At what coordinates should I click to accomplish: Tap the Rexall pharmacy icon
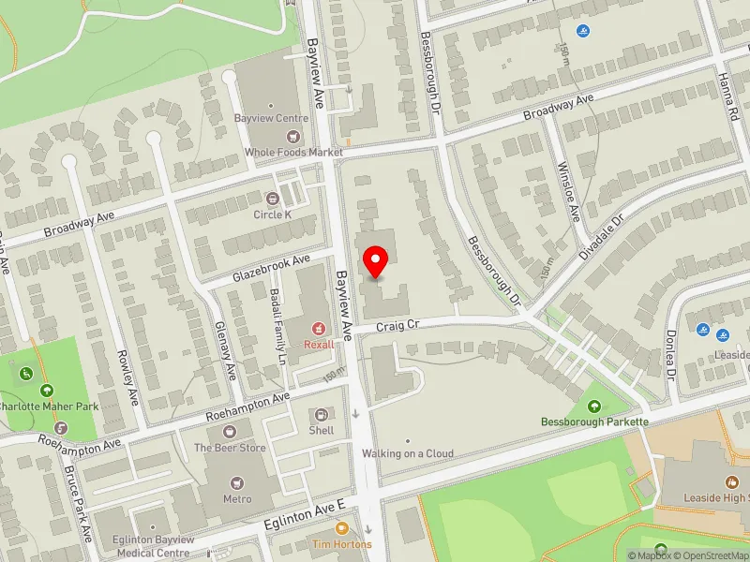point(319,329)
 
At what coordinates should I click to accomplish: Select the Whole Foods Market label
point(293,152)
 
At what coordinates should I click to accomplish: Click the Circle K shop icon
point(273,198)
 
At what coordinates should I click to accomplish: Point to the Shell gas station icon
point(322,414)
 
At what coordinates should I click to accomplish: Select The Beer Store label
point(229,448)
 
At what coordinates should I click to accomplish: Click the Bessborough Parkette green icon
point(594,407)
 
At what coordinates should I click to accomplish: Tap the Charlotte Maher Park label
point(47,407)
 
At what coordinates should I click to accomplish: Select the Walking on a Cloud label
point(408,454)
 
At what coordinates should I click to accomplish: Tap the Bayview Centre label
point(271,119)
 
